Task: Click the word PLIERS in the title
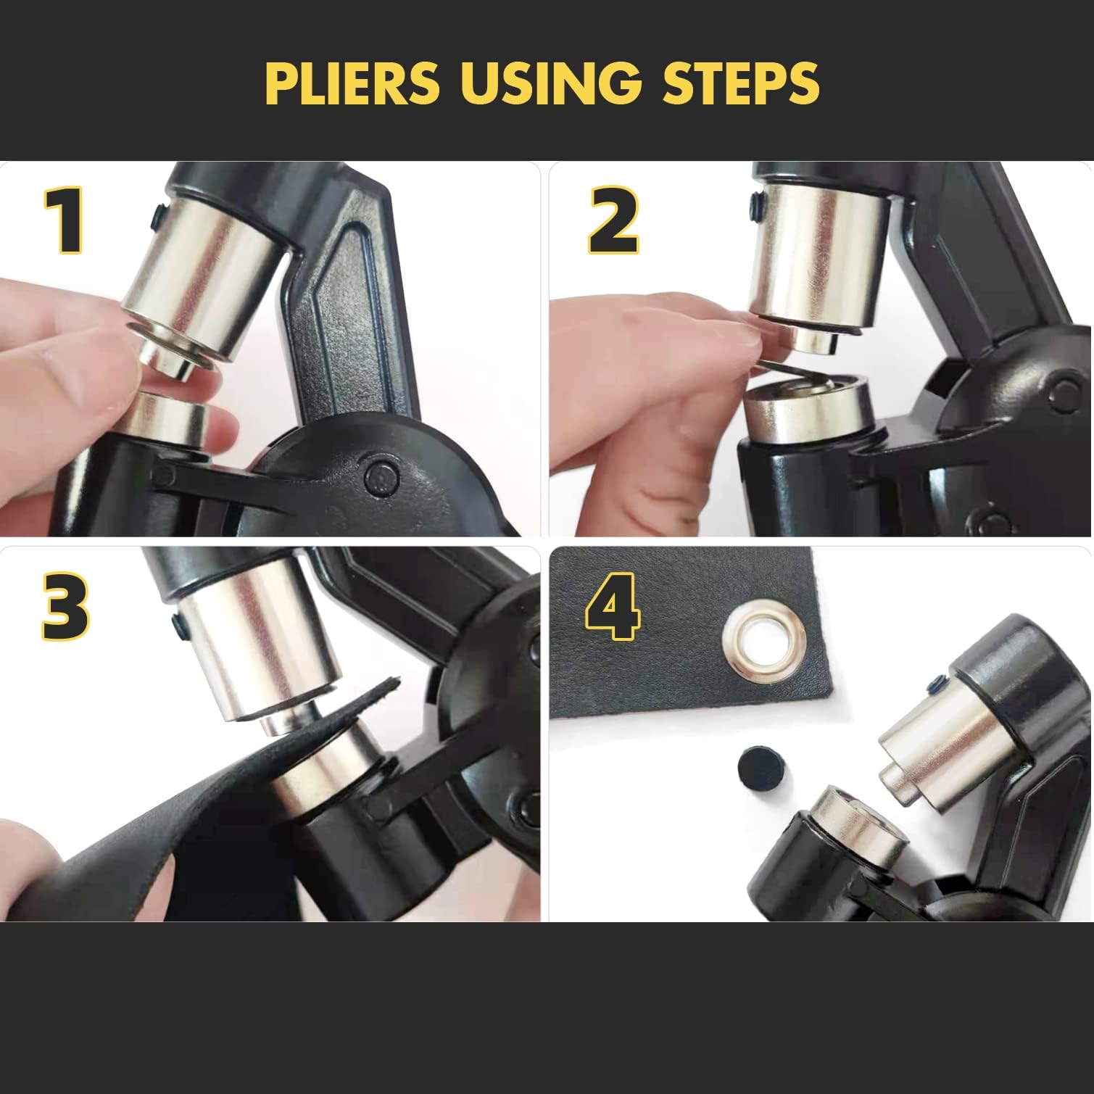pyautogui.click(x=352, y=84)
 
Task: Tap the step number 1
pyautogui.click(x=66, y=220)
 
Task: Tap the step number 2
pyautogui.click(x=613, y=220)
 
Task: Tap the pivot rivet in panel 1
pyautogui.click(x=382, y=477)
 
